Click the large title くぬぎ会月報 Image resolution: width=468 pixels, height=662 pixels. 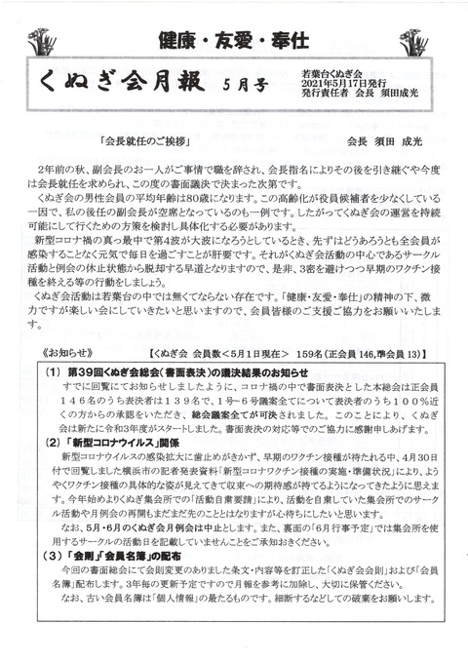click(x=127, y=88)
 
